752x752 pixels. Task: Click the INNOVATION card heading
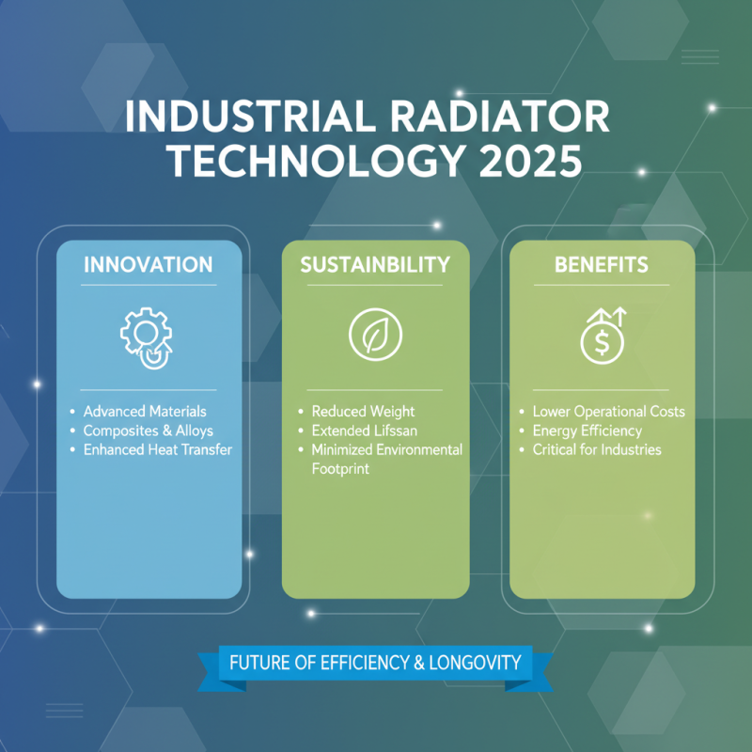point(149,264)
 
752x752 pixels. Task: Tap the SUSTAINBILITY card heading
point(375,264)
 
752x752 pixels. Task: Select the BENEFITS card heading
point(602,264)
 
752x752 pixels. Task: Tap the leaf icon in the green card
point(375,335)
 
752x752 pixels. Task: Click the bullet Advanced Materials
point(144,412)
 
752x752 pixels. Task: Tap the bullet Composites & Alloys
point(148,431)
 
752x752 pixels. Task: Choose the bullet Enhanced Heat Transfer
point(157,449)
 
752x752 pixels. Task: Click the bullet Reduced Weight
point(363,412)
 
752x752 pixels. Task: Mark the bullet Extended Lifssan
point(365,431)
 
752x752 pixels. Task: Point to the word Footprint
point(340,468)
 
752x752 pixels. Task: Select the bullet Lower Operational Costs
point(608,412)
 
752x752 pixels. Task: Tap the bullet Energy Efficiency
point(587,431)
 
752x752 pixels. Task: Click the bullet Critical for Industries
point(596,449)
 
